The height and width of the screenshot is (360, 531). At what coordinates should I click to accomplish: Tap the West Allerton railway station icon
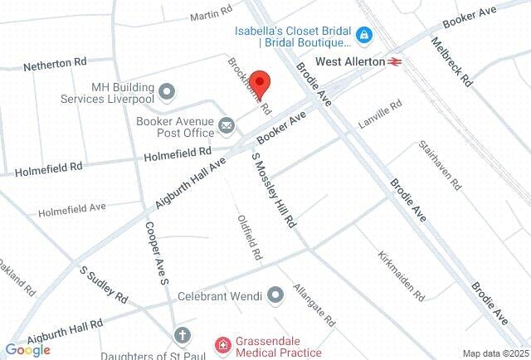pos(394,61)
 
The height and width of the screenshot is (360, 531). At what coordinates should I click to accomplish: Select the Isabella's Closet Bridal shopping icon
pos(363,35)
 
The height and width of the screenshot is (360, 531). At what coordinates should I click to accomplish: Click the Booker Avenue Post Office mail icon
pos(227,126)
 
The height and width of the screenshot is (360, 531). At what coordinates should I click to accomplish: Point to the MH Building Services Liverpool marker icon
pos(167,90)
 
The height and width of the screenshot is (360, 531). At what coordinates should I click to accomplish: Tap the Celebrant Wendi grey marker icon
pos(276,294)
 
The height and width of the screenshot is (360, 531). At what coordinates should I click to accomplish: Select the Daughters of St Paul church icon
pos(182,335)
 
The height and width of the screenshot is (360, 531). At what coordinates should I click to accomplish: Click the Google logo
pos(27,350)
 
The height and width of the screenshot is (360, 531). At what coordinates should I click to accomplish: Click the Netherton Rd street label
pos(55,64)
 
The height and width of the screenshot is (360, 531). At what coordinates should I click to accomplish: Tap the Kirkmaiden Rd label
pos(400,275)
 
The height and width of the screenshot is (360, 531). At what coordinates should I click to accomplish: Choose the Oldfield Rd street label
pos(250,238)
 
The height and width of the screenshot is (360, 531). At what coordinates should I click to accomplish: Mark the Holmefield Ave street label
pos(71,208)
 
